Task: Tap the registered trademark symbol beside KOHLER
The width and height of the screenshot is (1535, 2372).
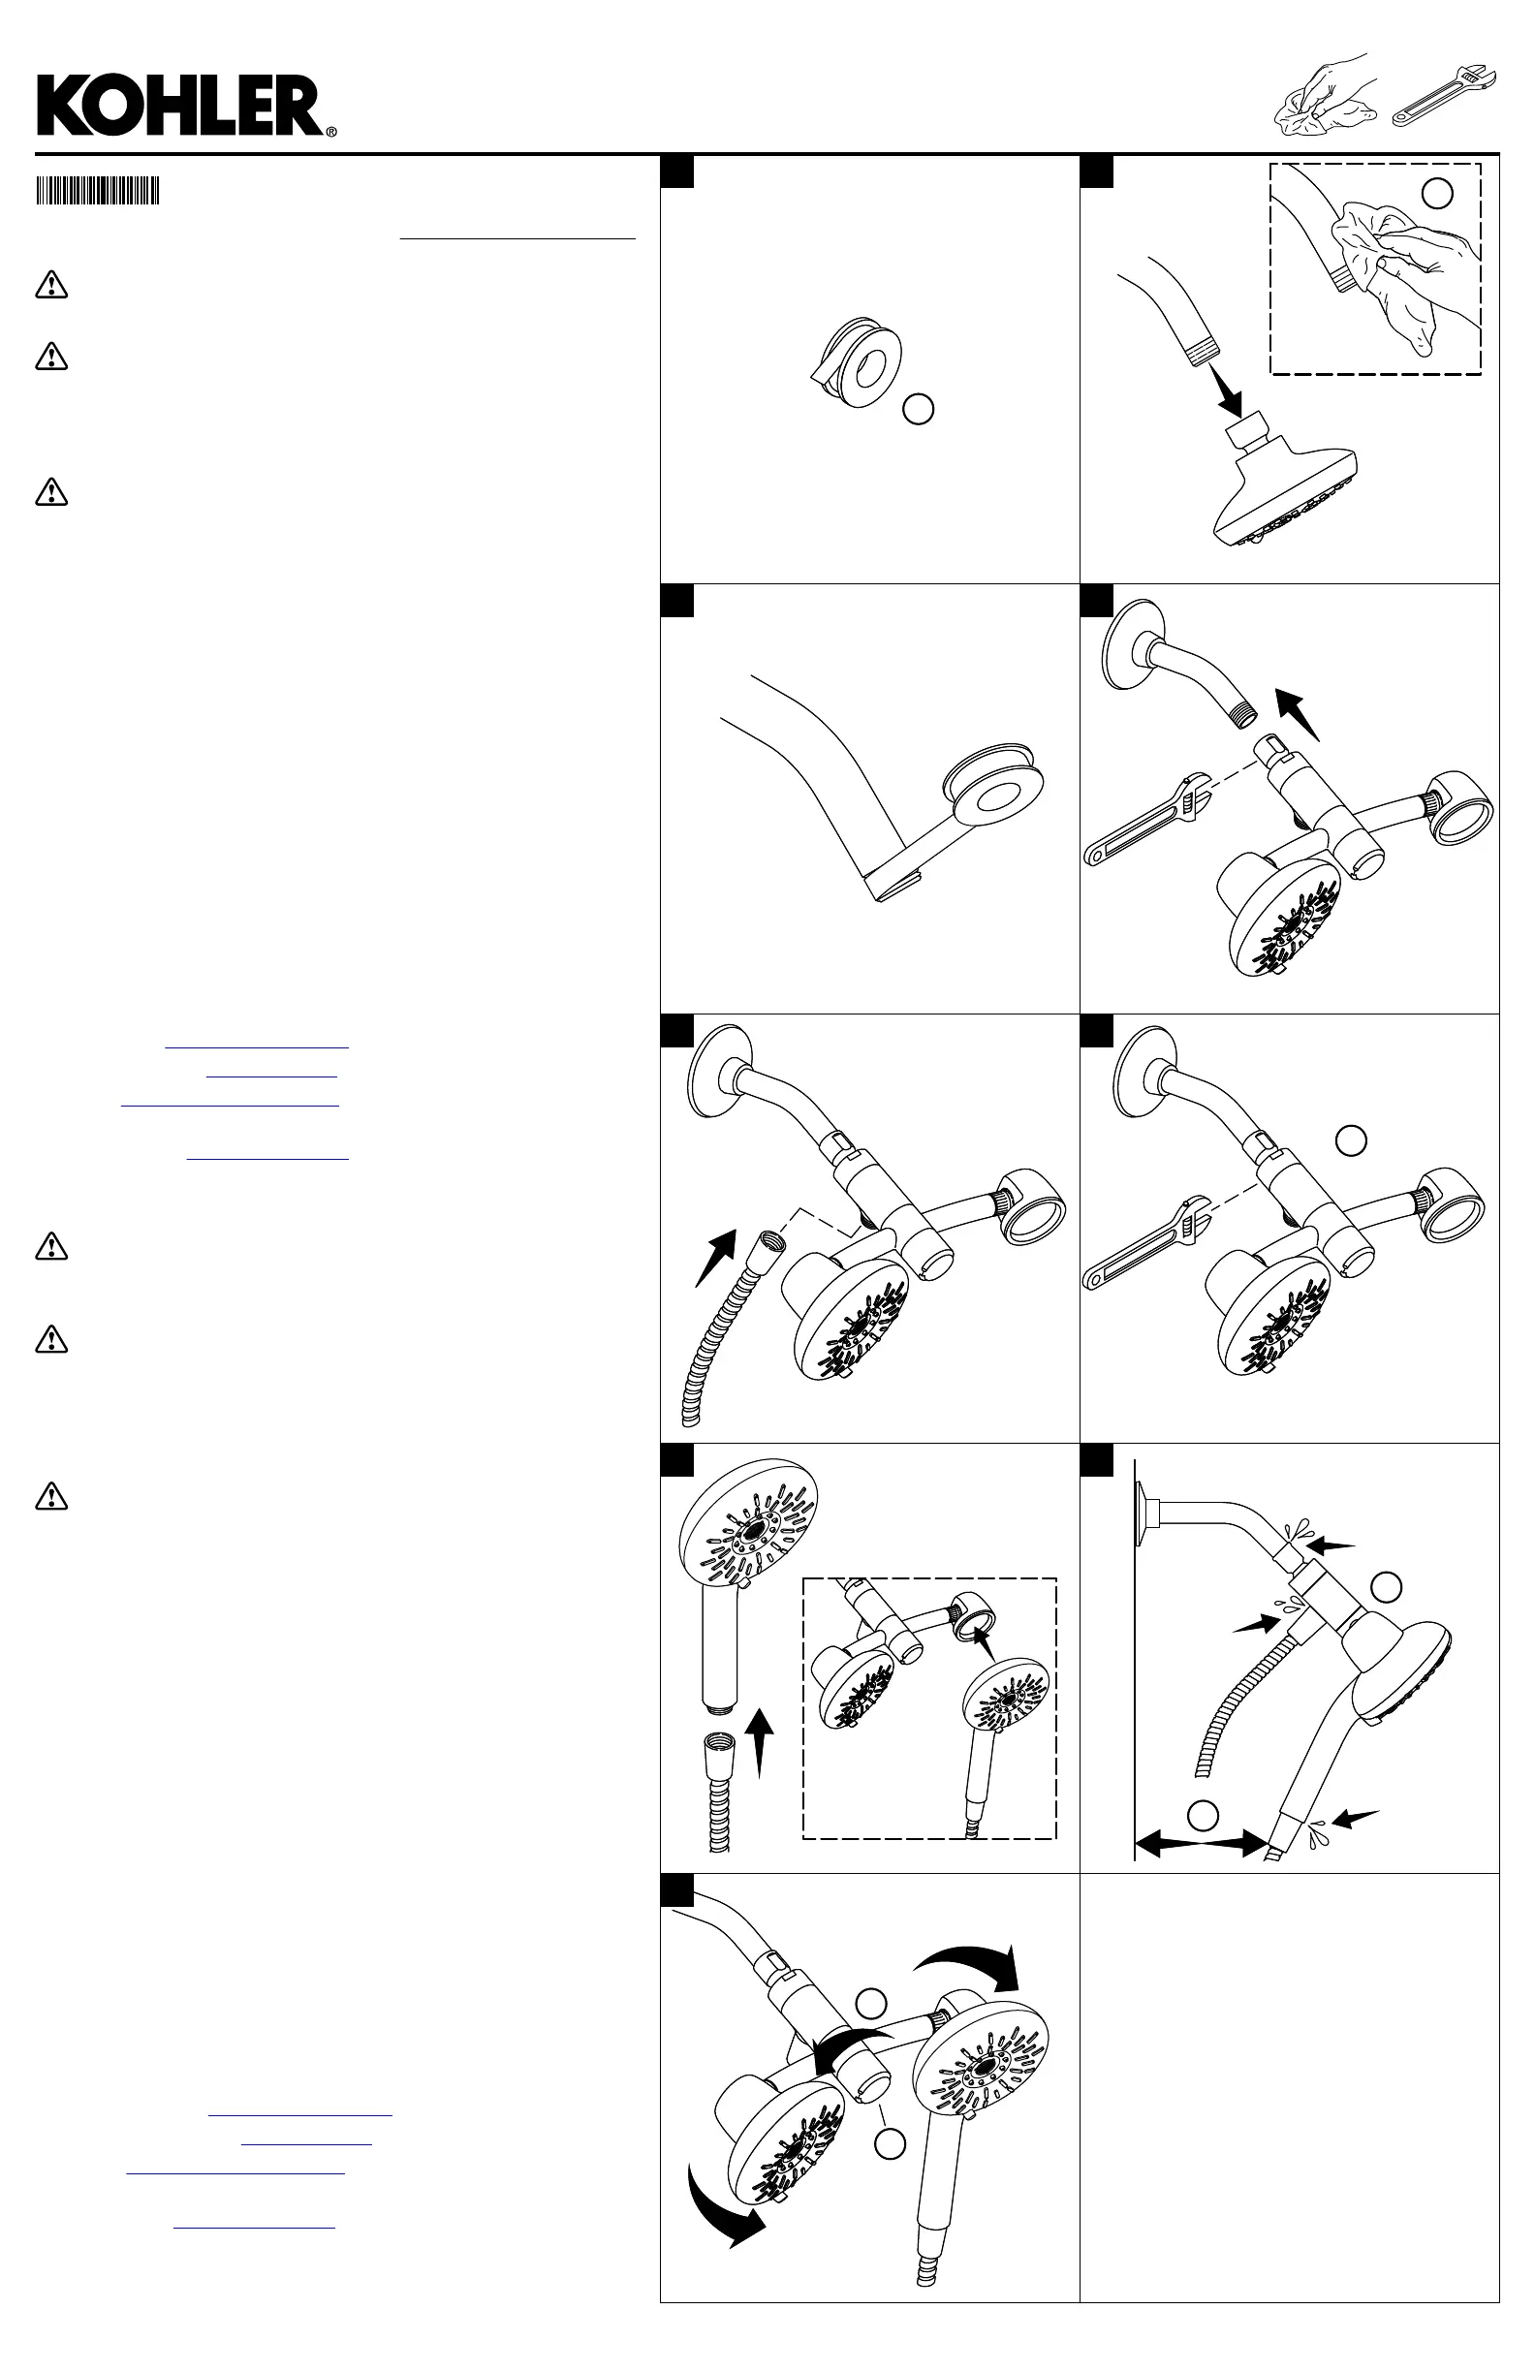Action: pos(330,131)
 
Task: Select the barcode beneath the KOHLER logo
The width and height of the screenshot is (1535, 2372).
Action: pos(98,190)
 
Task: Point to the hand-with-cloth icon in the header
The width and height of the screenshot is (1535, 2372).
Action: pos(1326,96)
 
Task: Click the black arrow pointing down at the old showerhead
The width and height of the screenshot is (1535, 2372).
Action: pos(1225,391)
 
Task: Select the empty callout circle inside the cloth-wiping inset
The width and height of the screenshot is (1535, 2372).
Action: pos(1436,194)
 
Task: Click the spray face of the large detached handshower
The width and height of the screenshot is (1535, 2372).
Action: pos(749,1528)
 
